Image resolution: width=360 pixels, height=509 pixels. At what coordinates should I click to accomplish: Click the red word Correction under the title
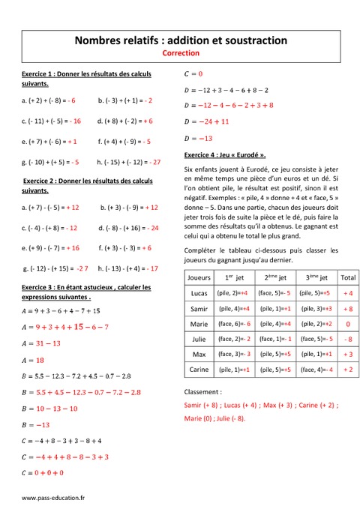(180, 54)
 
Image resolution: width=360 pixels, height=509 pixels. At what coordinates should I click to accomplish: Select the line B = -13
(35, 424)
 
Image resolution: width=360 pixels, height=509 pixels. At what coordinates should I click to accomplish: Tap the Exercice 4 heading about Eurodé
(225, 155)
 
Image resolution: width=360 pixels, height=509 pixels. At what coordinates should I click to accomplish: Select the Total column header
(348, 277)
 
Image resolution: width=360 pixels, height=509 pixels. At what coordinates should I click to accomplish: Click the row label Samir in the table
(199, 308)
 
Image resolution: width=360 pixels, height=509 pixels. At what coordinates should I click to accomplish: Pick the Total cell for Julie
(348, 339)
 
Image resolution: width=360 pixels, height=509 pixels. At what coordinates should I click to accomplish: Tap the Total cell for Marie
(348, 323)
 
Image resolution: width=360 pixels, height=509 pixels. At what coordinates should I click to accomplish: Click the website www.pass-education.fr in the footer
(53, 497)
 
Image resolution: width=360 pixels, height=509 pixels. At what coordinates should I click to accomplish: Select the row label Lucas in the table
(199, 293)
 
